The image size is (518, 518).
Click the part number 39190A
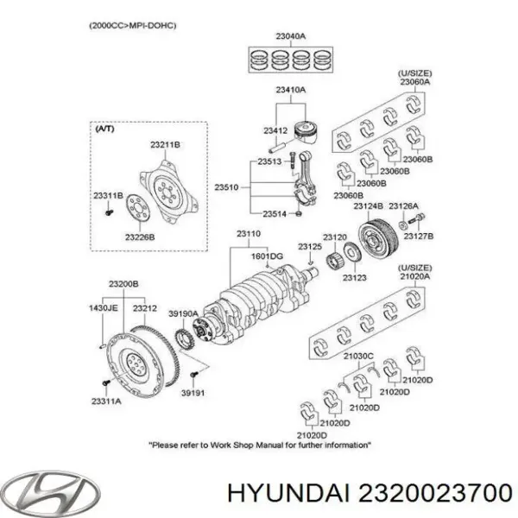(x=183, y=314)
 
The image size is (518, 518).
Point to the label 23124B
(x=368, y=207)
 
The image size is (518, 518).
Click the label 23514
(x=274, y=213)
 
